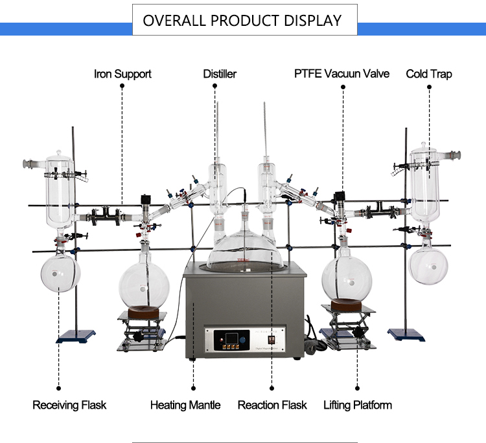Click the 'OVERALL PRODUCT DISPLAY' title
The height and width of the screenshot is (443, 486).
pyautogui.click(x=242, y=21)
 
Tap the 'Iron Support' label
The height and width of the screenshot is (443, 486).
pyautogui.click(x=122, y=74)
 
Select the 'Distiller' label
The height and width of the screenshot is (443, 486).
pyautogui.click(x=220, y=74)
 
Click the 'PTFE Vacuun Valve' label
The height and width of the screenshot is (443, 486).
pyautogui.click(x=341, y=74)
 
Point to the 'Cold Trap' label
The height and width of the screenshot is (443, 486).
pyautogui.click(x=429, y=74)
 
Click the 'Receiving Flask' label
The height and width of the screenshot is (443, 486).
pyautogui.click(x=69, y=405)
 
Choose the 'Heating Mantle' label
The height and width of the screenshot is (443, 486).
pyautogui.click(x=185, y=405)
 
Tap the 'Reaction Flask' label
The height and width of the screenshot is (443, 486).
pyautogui.click(x=272, y=405)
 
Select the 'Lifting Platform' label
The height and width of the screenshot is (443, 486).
pyautogui.click(x=358, y=405)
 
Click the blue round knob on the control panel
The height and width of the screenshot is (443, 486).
pyautogui.click(x=243, y=340)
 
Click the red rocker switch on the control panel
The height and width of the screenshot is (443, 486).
pyautogui.click(x=272, y=340)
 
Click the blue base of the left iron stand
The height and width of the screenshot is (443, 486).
pyautogui.click(x=76, y=336)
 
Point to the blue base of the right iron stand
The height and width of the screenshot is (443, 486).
pyautogui.click(x=406, y=335)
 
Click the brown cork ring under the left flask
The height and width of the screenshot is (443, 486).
pyautogui.click(x=143, y=312)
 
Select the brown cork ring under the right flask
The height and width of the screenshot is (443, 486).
pyautogui.click(x=346, y=306)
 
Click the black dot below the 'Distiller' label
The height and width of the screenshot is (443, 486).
pyautogui.click(x=214, y=86)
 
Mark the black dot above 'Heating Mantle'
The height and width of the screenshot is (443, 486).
pyautogui.click(x=193, y=388)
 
